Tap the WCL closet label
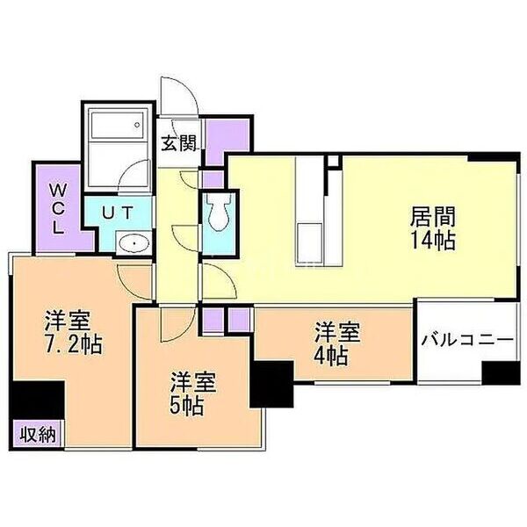tap(56, 207)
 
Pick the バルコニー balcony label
tap(466, 339)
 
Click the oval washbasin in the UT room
tap(131, 243)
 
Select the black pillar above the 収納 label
tap(38, 401)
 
